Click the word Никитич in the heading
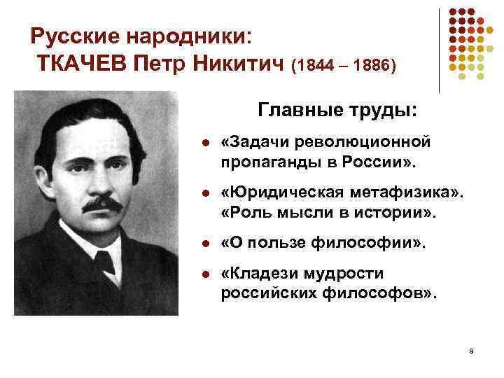237,65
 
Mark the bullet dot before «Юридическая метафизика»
204,194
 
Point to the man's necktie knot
104,262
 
